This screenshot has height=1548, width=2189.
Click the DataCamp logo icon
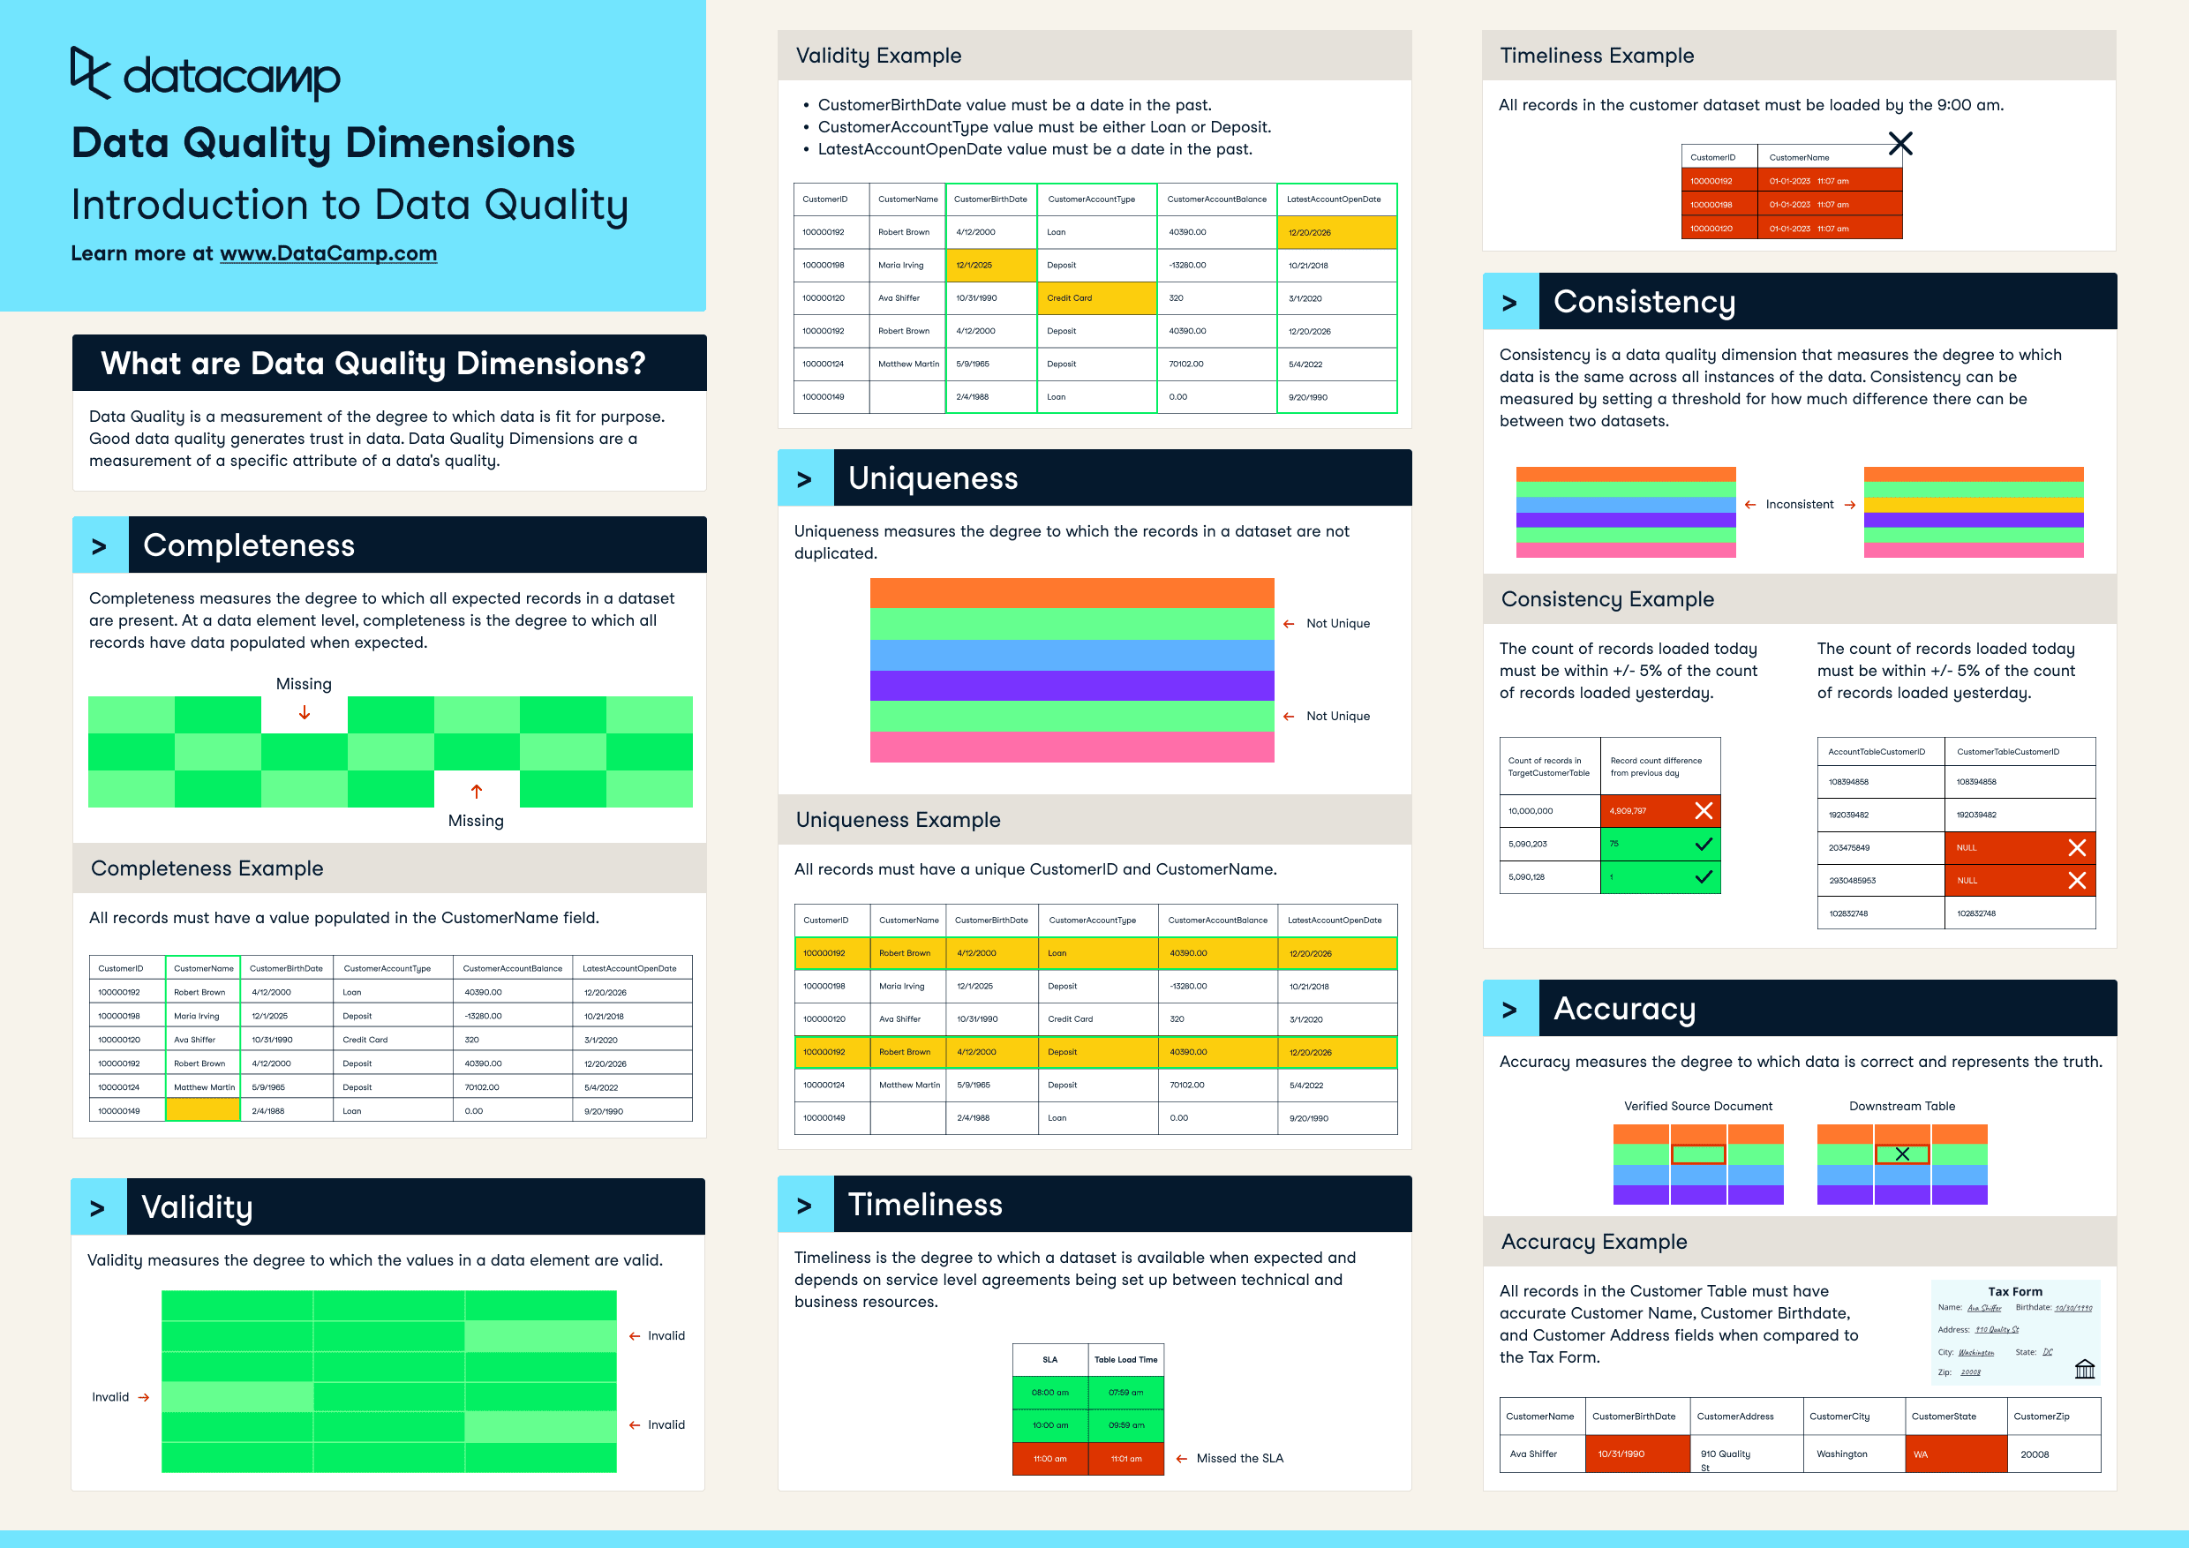tap(91, 72)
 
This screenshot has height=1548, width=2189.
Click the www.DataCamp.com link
tap(328, 253)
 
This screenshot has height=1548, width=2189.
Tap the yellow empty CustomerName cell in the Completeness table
tap(202, 1110)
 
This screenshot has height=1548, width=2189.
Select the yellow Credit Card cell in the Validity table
tap(1096, 298)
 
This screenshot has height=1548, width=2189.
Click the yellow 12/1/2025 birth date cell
tap(990, 265)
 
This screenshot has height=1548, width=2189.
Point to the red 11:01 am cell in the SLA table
tap(1126, 1458)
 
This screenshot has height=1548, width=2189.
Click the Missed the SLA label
tap(1239, 1458)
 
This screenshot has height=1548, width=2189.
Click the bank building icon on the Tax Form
tap(2084, 1369)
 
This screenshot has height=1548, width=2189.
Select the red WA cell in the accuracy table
tap(1955, 1454)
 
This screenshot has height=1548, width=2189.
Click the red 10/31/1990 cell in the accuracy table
tap(1637, 1454)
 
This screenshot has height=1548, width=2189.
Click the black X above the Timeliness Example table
tap(1900, 144)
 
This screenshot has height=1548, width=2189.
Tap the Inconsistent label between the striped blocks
tap(1799, 504)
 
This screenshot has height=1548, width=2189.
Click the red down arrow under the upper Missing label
tap(305, 713)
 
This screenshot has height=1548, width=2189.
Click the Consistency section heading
tap(1644, 302)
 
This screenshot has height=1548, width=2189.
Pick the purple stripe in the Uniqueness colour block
tap(1072, 686)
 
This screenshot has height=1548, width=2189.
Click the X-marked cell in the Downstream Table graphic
tap(1902, 1154)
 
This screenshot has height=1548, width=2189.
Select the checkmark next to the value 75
tap(1704, 844)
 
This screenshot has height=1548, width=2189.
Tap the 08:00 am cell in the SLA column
tap(1049, 1393)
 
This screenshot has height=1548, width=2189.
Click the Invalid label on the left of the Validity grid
tap(110, 1397)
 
